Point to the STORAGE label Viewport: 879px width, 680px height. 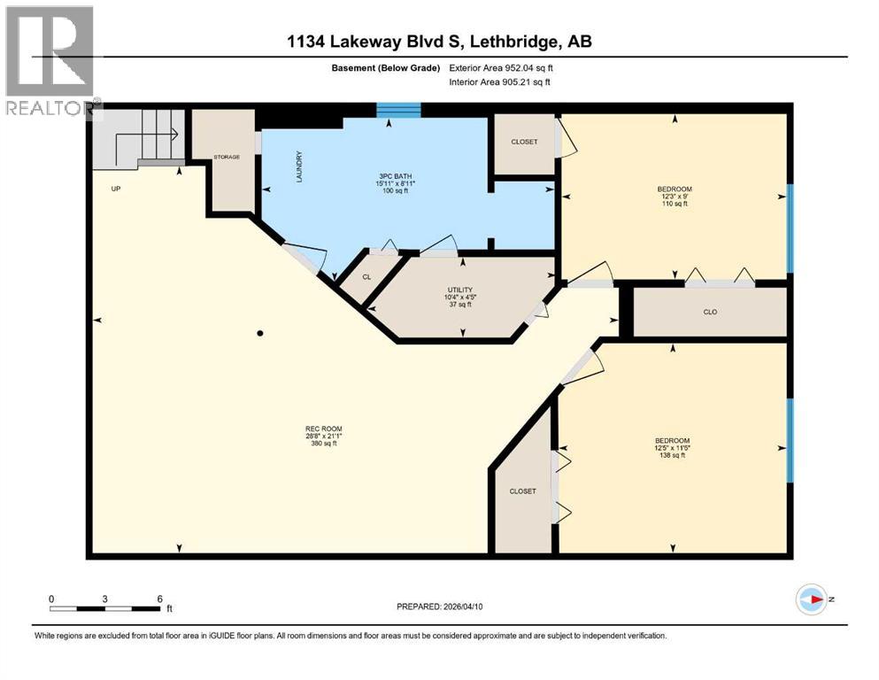coord(227,157)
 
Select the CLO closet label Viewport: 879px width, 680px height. coord(709,312)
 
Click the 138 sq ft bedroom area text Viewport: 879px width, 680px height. coord(672,455)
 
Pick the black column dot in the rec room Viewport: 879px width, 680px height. coord(260,334)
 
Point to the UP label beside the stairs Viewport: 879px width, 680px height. coord(115,189)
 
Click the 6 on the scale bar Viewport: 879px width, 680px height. coord(159,599)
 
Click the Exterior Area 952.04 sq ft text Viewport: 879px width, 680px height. coord(506,67)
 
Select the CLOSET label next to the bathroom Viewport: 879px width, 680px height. coord(524,142)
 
